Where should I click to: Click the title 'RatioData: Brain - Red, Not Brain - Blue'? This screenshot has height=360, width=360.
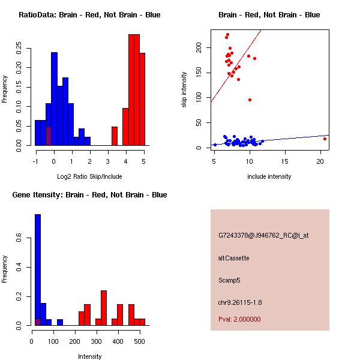pyautogui.click(x=89, y=15)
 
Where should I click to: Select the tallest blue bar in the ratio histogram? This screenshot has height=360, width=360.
pyautogui.click(x=55, y=99)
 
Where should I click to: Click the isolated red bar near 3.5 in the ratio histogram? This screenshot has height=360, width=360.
pyautogui.click(x=115, y=136)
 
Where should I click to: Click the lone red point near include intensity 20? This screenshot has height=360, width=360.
pyautogui.click(x=325, y=139)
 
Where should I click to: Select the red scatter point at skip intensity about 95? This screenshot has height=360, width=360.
pyautogui.click(x=250, y=100)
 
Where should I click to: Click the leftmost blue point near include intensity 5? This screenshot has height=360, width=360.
pyautogui.click(x=215, y=145)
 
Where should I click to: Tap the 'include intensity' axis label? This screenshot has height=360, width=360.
pyautogui.click(x=269, y=176)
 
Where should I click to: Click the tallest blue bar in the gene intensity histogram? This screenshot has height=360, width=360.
pyautogui.click(x=38, y=269)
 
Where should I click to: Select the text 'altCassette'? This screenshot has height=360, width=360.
pyautogui.click(x=233, y=258)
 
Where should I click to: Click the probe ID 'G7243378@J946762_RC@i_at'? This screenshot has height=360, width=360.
pyautogui.click(x=263, y=236)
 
